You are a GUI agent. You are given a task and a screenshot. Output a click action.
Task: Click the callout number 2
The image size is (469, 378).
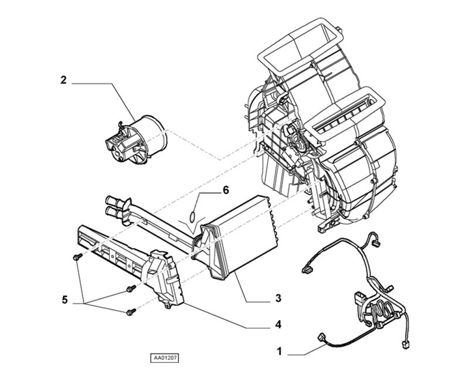(64, 80)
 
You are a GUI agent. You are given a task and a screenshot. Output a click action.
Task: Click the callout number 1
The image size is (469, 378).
(280, 352)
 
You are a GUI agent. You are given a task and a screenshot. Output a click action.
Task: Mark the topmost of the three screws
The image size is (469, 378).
(77, 257)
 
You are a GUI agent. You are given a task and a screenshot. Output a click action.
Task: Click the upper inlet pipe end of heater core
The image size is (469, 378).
(111, 200)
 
